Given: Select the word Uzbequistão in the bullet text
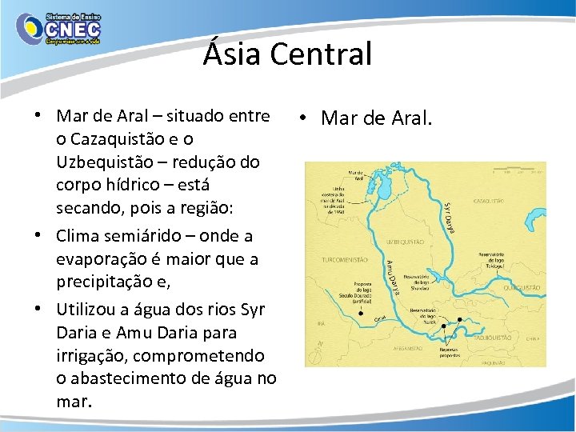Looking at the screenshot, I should tap(107, 162).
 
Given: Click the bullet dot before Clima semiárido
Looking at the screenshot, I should tap(38, 237).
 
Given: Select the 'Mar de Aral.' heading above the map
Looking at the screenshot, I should tap(375, 118).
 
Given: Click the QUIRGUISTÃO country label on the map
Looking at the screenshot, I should tap(523, 287).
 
